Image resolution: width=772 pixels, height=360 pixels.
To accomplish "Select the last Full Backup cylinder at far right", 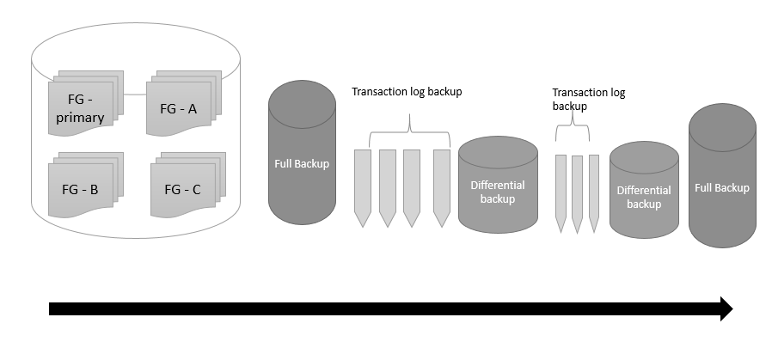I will coord(722,186).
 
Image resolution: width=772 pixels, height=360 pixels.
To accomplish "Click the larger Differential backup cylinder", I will coord(498,189).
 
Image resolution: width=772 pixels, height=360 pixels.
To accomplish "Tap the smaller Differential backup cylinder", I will coord(644,195).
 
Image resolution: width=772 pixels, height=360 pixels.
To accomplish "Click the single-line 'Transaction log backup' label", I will coord(407,91).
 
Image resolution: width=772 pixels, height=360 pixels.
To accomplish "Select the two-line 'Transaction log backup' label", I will coord(588,99).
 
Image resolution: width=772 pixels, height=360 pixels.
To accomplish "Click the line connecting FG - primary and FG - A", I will coord(135,94).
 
